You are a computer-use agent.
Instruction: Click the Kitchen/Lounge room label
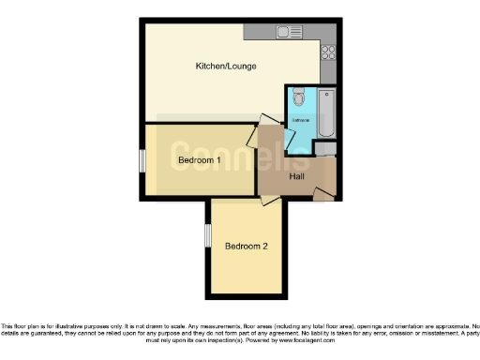225,67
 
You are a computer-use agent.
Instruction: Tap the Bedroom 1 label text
199,160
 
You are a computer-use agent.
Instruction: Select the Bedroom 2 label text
247,247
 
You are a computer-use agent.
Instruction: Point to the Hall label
296,176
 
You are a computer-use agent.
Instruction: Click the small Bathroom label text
302,121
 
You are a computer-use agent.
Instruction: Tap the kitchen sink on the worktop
284,32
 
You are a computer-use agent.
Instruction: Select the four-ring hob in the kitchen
328,52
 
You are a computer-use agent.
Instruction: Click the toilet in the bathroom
297,97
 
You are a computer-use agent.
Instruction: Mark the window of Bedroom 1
142,160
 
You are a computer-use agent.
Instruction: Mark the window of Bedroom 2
208,236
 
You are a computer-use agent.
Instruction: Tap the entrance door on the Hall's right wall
323,193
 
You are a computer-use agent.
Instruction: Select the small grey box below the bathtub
325,150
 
